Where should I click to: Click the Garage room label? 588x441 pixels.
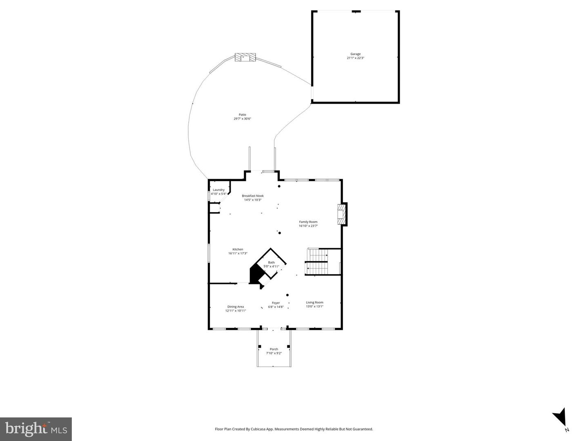pyautogui.click(x=355, y=54)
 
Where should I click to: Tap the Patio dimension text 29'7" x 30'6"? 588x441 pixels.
pyautogui.click(x=242, y=119)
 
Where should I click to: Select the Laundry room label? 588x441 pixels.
pyautogui.click(x=218, y=190)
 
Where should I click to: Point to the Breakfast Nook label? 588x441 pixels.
pyautogui.click(x=252, y=196)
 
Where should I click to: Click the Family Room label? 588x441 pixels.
pyautogui.click(x=308, y=222)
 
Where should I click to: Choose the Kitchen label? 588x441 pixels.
pyautogui.click(x=238, y=249)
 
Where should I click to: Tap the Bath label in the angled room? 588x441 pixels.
pyautogui.click(x=271, y=262)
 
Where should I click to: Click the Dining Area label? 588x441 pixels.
pyautogui.click(x=235, y=307)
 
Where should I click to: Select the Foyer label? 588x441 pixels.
pyautogui.click(x=276, y=303)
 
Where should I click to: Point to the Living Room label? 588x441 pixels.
pyautogui.click(x=314, y=302)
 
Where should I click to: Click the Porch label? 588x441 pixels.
pyautogui.click(x=274, y=349)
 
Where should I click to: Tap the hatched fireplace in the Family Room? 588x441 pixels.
pyautogui.click(x=340, y=214)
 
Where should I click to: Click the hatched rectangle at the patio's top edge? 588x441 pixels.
pyautogui.click(x=245, y=58)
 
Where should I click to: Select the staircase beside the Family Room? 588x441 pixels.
pyautogui.click(x=317, y=262)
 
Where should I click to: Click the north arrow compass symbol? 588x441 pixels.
pyautogui.click(x=560, y=418)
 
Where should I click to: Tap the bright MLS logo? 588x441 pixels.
pyautogui.click(x=36, y=429)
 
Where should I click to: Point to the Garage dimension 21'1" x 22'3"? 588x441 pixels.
pyautogui.click(x=355, y=58)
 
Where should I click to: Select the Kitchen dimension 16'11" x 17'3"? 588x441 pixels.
pyautogui.click(x=238, y=253)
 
